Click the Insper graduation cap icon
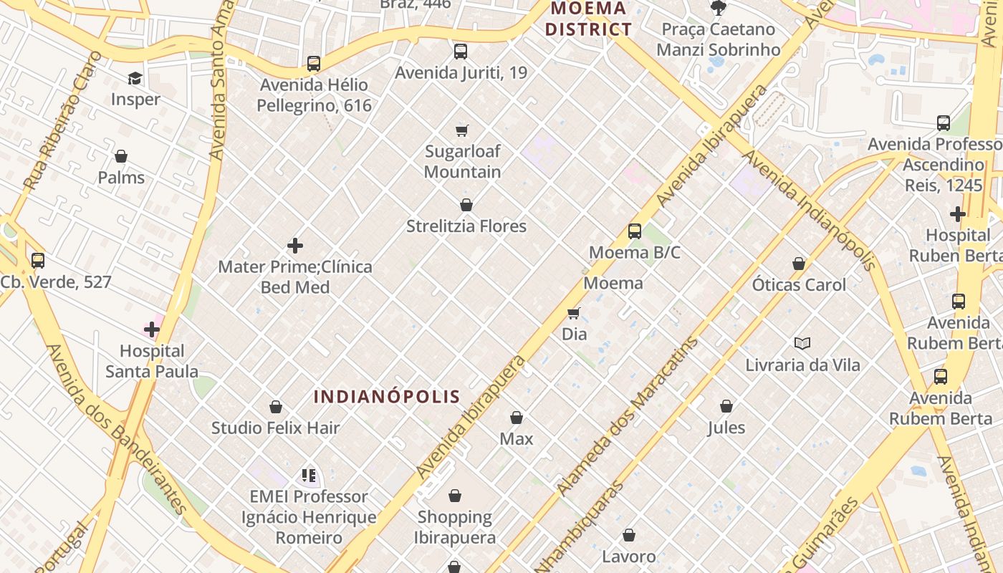[135, 78]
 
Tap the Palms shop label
[121, 178]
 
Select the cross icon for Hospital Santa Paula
[152, 329]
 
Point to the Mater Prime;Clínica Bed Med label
[295, 277]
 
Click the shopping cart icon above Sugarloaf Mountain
[462, 130]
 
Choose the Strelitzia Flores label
[466, 226]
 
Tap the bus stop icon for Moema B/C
[635, 231]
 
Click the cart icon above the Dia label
[574, 313]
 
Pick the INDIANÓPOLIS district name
[387, 397]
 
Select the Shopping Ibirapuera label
[456, 527]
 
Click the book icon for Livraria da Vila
[802, 344]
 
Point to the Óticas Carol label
[799, 284]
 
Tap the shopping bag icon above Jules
[726, 407]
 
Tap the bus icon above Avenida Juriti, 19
[461, 52]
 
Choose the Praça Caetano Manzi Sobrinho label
[718, 39]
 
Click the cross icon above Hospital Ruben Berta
[958, 214]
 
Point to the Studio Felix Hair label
[275, 428]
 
